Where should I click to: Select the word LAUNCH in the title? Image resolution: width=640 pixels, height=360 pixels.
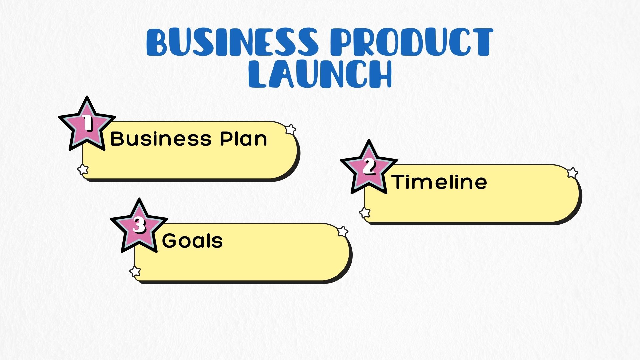[x=320, y=74]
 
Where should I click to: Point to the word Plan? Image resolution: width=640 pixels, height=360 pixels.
[x=244, y=139]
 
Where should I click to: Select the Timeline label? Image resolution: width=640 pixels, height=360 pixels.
[x=439, y=182]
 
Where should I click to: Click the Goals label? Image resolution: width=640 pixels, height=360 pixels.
[x=192, y=241]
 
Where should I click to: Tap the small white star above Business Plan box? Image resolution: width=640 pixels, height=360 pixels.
[x=291, y=129]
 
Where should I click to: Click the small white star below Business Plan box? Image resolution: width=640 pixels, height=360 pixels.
[x=83, y=169]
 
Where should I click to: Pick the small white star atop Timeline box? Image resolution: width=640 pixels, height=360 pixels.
[x=572, y=173]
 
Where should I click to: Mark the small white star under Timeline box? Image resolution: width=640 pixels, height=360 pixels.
[x=365, y=212]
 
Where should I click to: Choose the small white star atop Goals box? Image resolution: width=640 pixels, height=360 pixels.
[x=343, y=231]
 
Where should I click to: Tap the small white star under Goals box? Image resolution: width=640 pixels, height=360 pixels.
[x=135, y=271]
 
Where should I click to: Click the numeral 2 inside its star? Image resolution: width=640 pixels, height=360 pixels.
[x=369, y=166]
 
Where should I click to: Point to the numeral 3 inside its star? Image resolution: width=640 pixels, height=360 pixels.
[x=139, y=225]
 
